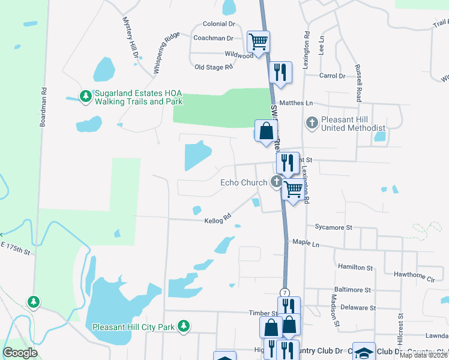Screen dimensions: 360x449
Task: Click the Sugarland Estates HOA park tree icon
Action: pyautogui.click(x=86, y=96)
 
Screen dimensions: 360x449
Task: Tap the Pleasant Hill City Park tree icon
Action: pyautogui.click(x=184, y=327)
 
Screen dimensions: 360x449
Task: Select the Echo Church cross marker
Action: pyautogui.click(x=277, y=182)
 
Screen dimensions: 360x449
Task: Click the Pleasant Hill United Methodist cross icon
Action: pyautogui.click(x=312, y=123)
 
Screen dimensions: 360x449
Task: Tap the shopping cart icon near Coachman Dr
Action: pyautogui.click(x=259, y=42)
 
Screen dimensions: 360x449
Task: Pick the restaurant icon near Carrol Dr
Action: pyautogui.click(x=280, y=73)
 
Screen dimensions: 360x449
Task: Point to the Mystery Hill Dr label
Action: pyautogui.click(x=131, y=37)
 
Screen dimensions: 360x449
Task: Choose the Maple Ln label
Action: pyautogui.click(x=306, y=242)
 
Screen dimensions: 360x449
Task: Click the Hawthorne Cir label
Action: pyautogui.click(x=414, y=278)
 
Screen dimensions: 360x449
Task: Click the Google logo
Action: pyautogui.click(x=20, y=352)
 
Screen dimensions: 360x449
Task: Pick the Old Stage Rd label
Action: pyautogui.click(x=213, y=67)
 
